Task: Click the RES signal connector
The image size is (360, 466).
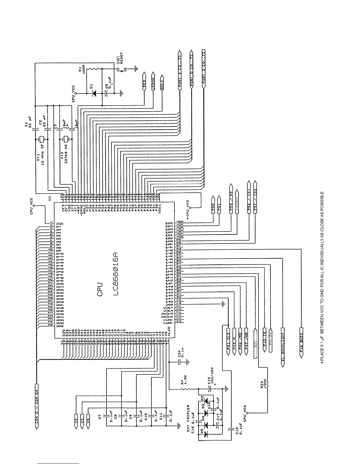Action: [x=144, y=80]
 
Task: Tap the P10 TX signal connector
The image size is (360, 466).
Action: [x=264, y=338]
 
